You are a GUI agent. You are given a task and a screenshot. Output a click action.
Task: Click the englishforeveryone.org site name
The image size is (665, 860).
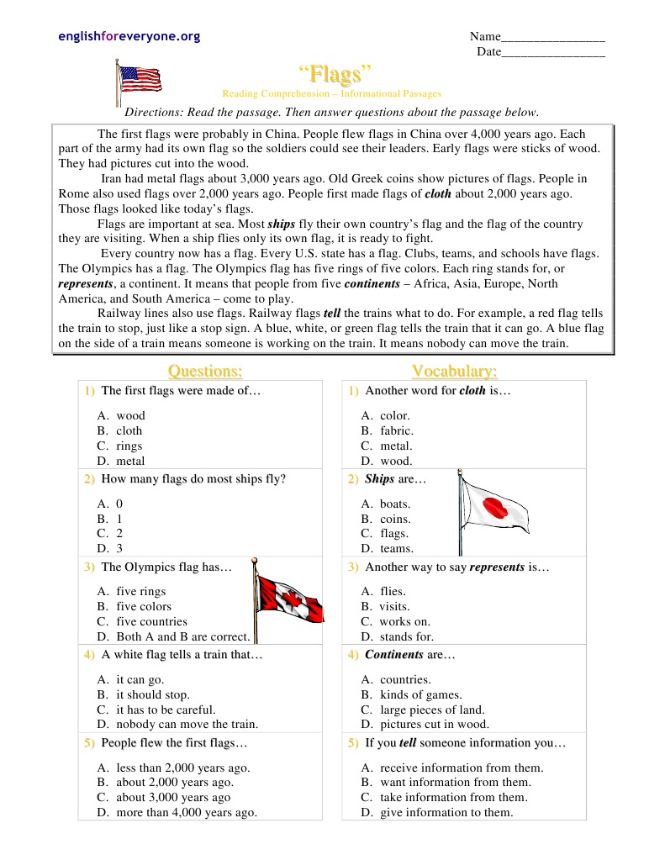(x=129, y=36)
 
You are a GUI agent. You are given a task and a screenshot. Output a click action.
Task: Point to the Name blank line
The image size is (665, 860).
(x=552, y=37)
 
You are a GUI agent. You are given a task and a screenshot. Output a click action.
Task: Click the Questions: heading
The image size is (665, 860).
(x=205, y=371)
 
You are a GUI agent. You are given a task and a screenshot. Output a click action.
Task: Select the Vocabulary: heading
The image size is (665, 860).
(x=454, y=371)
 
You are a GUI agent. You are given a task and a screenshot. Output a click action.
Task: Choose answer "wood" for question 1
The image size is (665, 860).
(x=130, y=415)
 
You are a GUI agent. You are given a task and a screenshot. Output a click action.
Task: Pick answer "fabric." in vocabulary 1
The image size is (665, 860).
(x=396, y=430)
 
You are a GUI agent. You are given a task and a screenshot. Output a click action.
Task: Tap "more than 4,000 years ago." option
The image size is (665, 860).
(x=187, y=812)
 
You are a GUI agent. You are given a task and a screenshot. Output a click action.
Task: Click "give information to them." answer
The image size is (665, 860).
(x=446, y=812)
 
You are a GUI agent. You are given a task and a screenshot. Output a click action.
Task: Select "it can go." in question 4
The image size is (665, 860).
(x=140, y=679)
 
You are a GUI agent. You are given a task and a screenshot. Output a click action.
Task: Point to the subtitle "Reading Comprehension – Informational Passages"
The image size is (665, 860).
(x=331, y=94)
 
